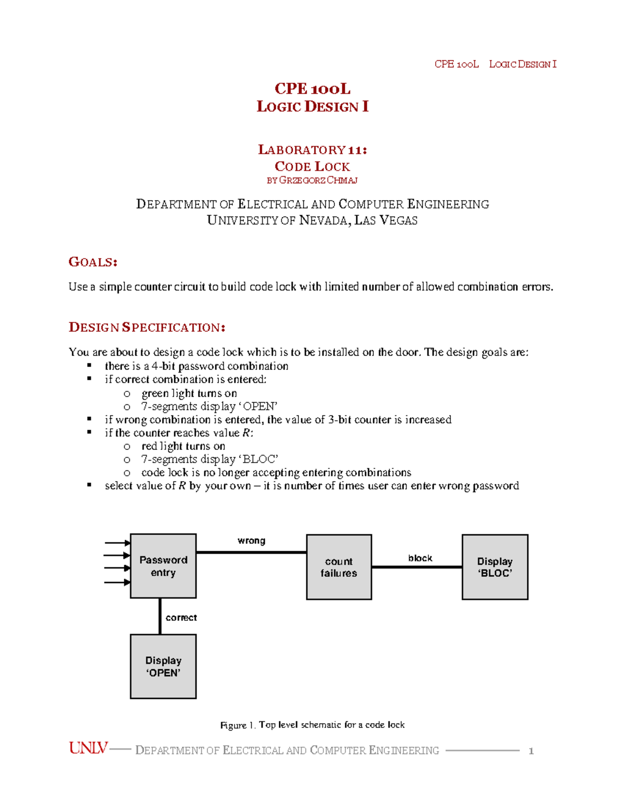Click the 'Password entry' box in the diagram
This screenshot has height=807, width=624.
[x=163, y=566]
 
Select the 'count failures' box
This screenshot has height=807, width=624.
[x=339, y=567]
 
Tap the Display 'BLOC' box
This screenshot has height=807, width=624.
[x=495, y=567]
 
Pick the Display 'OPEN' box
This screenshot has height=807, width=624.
[x=163, y=666]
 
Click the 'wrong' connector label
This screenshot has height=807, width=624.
[x=251, y=540]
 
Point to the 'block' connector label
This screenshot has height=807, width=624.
[x=420, y=558]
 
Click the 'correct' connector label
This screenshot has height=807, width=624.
[x=181, y=617]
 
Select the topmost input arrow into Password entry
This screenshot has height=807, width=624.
[x=118, y=543]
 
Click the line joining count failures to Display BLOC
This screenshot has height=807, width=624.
[x=416, y=567]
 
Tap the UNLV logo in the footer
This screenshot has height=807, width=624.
[x=88, y=748]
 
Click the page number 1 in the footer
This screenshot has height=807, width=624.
[x=531, y=751]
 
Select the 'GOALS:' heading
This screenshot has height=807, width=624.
[x=93, y=262]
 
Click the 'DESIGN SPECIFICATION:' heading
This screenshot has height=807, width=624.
[x=147, y=327]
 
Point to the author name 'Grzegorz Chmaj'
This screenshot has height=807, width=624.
[x=318, y=180]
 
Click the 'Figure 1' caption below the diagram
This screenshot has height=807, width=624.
[x=312, y=725]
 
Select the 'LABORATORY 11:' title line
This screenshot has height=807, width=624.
[x=312, y=150]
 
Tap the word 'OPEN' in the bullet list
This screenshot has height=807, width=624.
[x=259, y=406]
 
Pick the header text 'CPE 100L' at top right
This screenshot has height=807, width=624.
[x=456, y=64]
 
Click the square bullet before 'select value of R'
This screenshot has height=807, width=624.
[x=89, y=485]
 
